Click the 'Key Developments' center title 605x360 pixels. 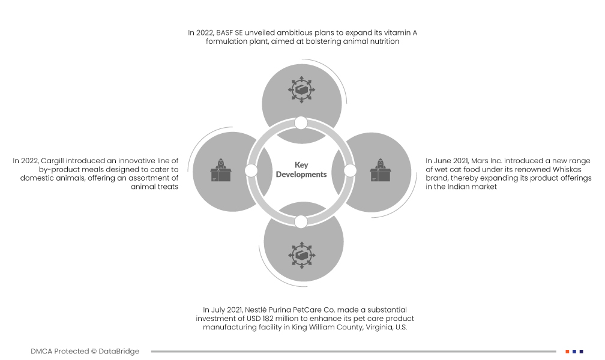pos(301,169)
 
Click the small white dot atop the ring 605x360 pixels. pos(301,123)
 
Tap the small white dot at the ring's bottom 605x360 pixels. pos(301,221)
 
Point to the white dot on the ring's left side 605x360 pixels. pos(251,171)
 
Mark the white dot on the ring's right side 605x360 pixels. pos(350,171)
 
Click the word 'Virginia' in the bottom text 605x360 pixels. pos(375,327)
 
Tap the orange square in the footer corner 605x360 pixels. pos(567,351)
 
